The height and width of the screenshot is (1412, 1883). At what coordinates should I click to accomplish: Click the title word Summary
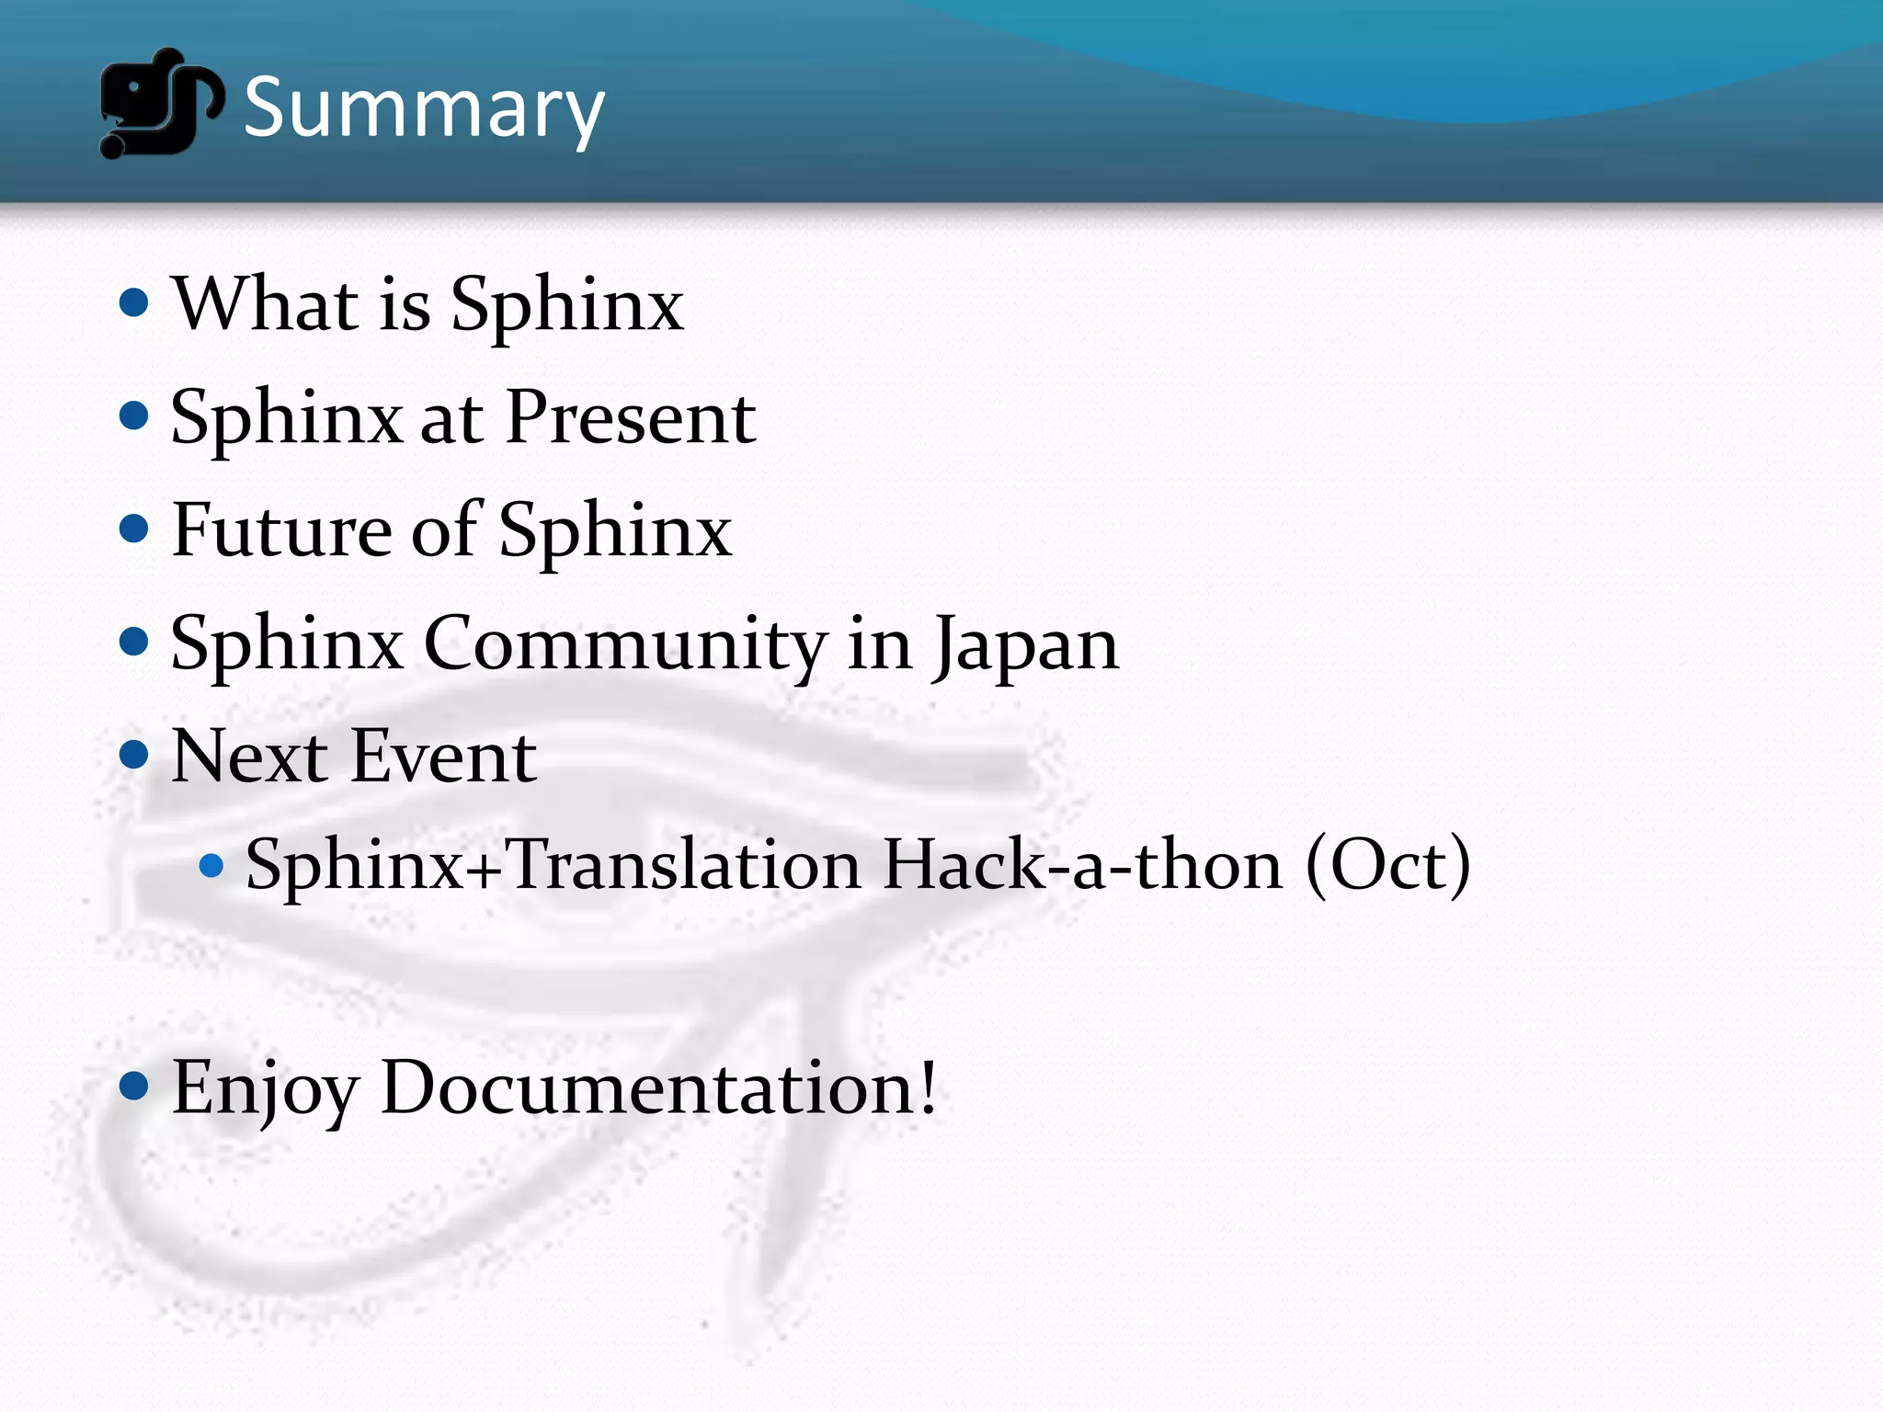(424, 108)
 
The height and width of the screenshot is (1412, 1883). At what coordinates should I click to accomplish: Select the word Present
(631, 417)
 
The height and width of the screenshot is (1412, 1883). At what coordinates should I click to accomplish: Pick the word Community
(625, 643)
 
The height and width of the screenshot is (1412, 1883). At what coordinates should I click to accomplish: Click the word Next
(249, 757)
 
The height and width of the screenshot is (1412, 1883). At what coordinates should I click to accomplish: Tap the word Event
(444, 757)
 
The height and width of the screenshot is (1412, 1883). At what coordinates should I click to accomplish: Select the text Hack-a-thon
(1082, 865)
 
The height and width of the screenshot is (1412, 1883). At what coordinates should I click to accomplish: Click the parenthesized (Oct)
(1388, 865)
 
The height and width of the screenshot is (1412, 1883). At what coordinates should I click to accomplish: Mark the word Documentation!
(658, 1087)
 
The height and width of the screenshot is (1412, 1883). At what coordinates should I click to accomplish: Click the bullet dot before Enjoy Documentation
(134, 1087)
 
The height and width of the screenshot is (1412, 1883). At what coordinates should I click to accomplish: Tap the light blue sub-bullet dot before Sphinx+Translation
(211, 865)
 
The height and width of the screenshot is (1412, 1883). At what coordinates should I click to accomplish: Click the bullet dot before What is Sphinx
(134, 302)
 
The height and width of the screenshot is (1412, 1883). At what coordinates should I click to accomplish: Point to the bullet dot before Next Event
(134, 756)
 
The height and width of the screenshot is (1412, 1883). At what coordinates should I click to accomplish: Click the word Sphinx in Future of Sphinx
(615, 530)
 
